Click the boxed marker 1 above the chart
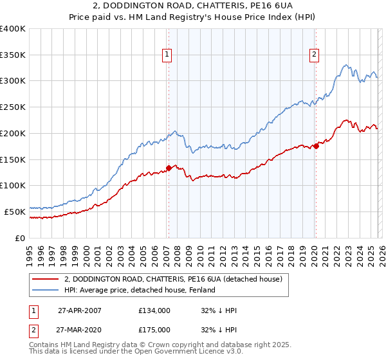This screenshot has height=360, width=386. click(167, 55)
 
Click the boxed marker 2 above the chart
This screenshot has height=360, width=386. click(315, 55)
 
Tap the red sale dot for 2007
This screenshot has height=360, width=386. click(169, 168)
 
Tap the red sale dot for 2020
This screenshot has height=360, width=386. click(316, 146)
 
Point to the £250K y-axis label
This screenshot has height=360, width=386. click(13, 107)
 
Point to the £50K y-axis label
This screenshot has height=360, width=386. click(15, 212)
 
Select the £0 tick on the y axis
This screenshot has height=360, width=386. click(21, 238)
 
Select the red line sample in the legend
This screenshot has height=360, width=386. click(46, 279)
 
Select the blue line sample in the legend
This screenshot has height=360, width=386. click(46, 290)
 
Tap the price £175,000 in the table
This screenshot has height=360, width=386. click(154, 329)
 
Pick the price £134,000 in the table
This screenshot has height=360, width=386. click(154, 310)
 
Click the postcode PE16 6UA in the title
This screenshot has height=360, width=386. click(266, 7)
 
